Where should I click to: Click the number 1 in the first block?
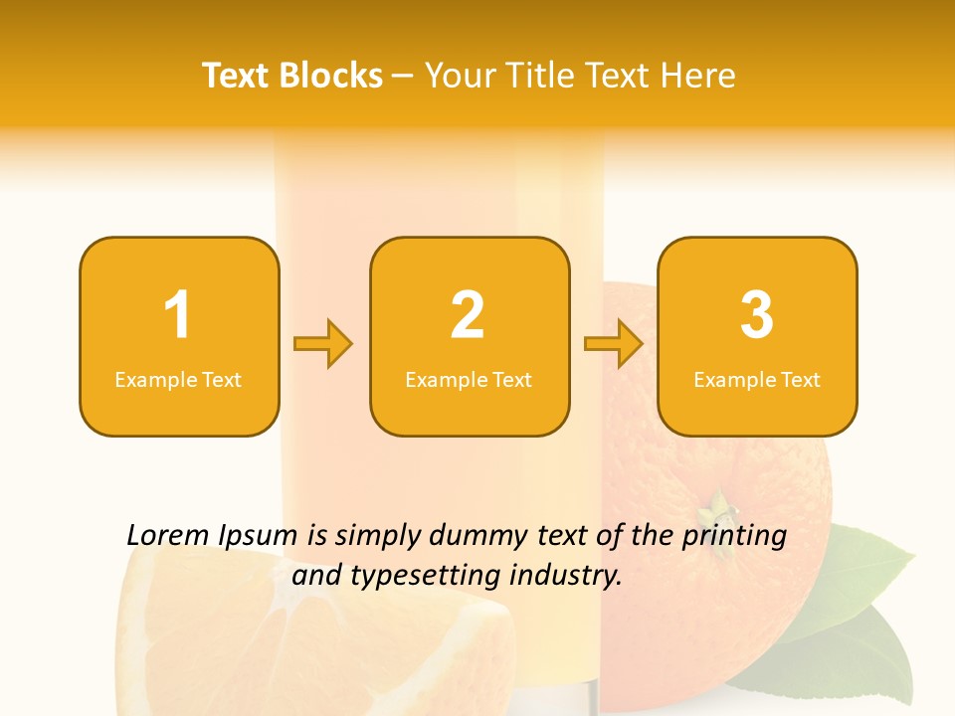(177, 315)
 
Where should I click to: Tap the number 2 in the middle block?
(468, 315)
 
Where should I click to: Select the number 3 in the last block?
(757, 315)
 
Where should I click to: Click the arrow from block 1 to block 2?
(323, 344)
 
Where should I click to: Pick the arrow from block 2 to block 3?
(614, 344)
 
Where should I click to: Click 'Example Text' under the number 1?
(178, 380)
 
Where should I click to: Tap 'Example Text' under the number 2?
(469, 380)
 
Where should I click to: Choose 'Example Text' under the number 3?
(757, 380)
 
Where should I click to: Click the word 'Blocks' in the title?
(330, 76)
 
